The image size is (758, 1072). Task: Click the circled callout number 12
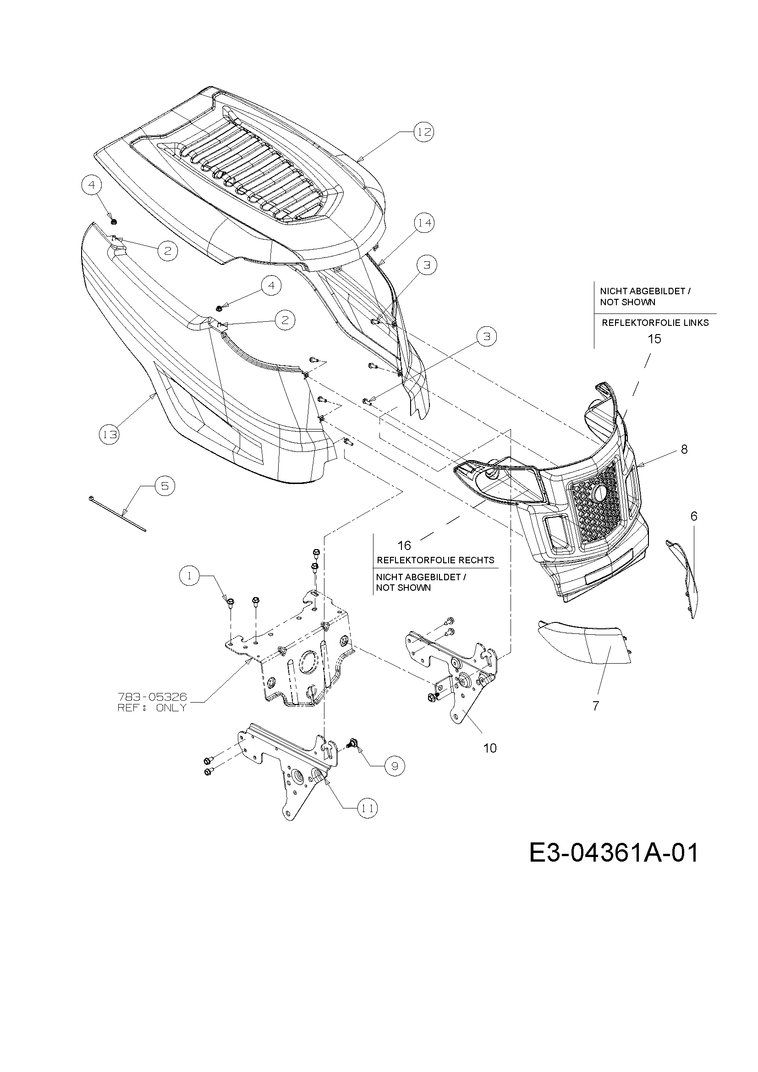[423, 132]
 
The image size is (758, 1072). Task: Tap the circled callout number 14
[424, 223]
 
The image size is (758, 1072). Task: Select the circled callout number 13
[110, 434]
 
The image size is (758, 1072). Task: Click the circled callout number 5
[165, 486]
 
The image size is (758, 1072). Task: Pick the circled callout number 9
[395, 766]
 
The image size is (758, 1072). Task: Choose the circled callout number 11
[368, 808]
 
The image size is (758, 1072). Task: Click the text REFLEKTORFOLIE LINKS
[655, 323]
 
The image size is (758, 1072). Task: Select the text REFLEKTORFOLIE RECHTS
[435, 560]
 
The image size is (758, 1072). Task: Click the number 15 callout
[654, 339]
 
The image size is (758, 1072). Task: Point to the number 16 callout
[404, 545]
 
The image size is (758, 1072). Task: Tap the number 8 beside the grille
[684, 450]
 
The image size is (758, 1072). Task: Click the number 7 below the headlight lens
[596, 706]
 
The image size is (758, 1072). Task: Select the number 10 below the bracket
[490, 748]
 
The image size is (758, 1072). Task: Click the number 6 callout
[693, 517]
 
